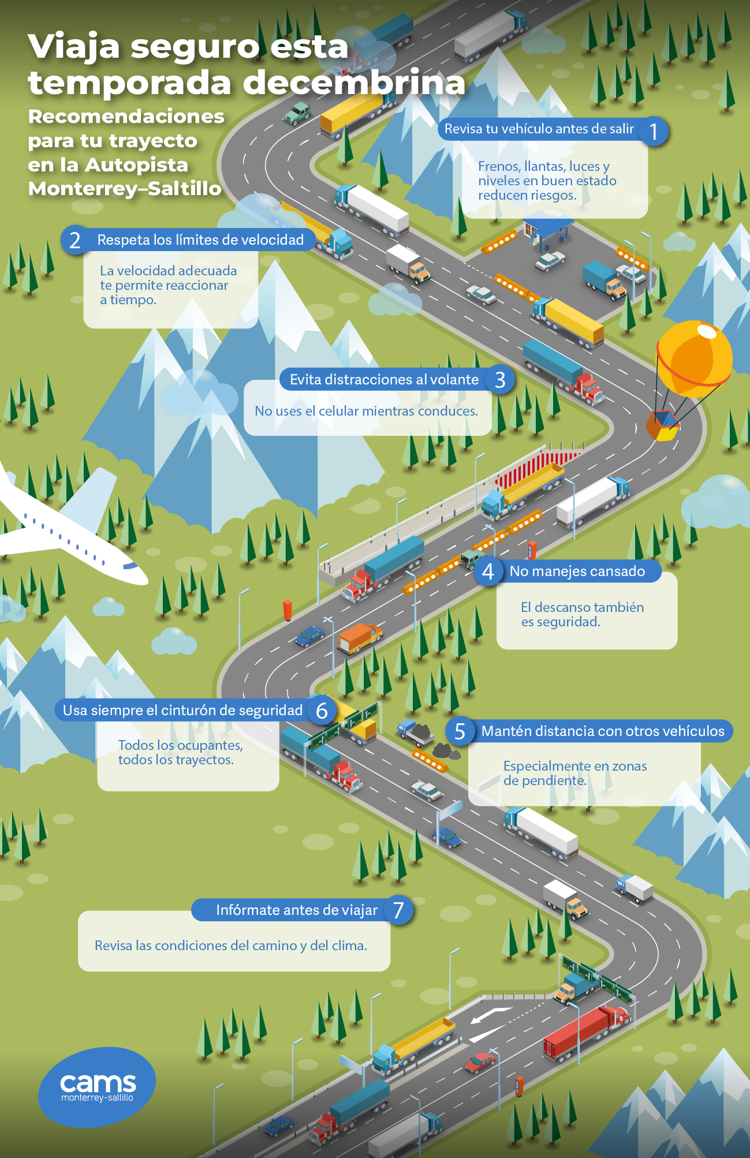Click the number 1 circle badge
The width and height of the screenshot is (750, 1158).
(653, 131)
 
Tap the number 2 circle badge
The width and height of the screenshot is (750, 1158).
(75, 240)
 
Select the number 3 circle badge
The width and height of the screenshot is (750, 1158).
(500, 379)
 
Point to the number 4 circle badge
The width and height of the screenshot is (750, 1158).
(488, 571)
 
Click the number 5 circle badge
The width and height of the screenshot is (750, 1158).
(460, 731)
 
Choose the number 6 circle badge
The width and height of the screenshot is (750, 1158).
(322, 710)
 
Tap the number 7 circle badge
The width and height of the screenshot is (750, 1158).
(398, 910)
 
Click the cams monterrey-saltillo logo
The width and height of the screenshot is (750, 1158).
(97, 1087)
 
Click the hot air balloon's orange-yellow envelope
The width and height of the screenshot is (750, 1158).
(694, 358)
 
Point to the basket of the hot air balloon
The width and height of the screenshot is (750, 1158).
(663, 425)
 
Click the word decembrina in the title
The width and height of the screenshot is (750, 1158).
(353, 83)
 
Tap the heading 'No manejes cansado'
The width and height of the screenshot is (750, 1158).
(577, 571)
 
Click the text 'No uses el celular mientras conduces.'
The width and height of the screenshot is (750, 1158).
(366, 411)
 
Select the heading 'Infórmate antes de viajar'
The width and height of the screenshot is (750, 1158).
(296, 910)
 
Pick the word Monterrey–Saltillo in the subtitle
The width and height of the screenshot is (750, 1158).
(125, 189)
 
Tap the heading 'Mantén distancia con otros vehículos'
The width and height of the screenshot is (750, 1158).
(602, 731)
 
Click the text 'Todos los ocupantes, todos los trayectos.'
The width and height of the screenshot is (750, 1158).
(180, 752)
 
